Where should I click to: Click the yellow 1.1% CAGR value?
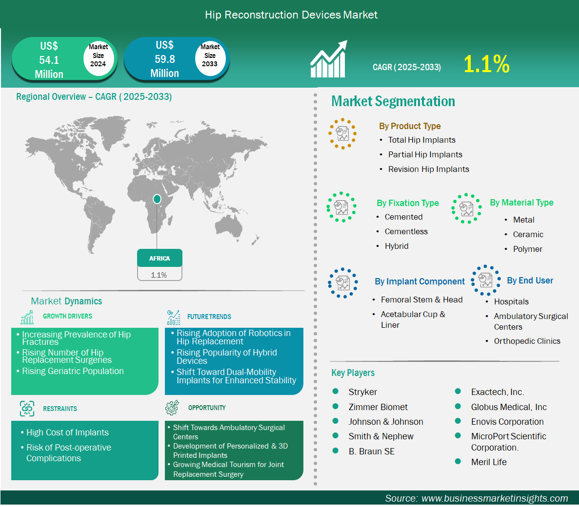click(486, 64)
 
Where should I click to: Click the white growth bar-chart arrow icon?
click(329, 58)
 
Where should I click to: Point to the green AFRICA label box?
click(160, 258)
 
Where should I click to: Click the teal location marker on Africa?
click(157, 199)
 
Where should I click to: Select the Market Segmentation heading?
click(393, 101)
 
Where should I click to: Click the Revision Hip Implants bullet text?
click(428, 169)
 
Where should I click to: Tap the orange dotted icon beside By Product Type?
click(343, 133)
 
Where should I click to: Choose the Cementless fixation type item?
click(406, 231)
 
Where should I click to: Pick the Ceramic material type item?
click(528, 235)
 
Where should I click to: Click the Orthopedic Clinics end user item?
click(527, 341)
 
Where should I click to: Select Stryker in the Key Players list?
click(362, 392)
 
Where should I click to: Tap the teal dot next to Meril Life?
click(458, 461)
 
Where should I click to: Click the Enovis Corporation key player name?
click(507, 422)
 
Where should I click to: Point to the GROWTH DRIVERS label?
click(68, 317)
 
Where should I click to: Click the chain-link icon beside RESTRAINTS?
click(27, 409)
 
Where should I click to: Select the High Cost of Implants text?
click(68, 432)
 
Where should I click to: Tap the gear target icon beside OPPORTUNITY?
click(172, 408)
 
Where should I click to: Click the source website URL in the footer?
click(495, 499)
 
